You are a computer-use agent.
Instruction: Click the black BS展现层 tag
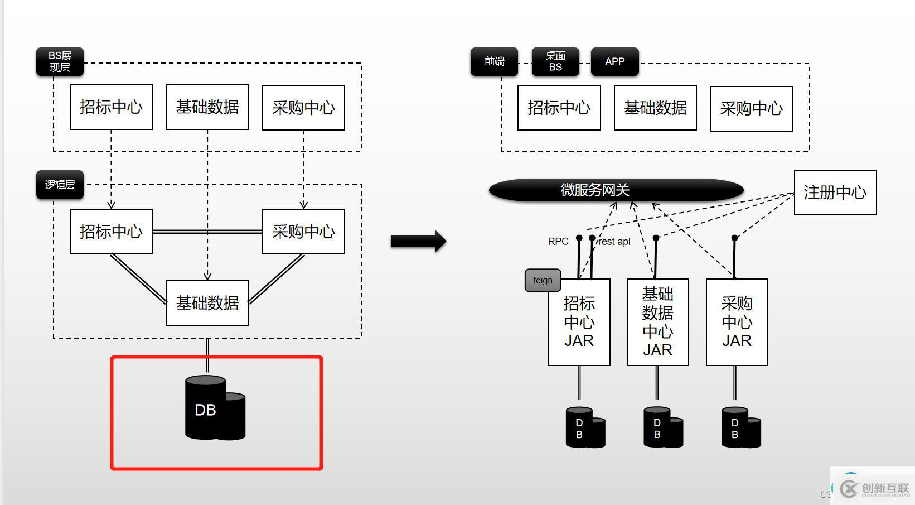coord(60,62)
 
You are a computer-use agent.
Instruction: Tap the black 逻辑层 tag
coord(60,185)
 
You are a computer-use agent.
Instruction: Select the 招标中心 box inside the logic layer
coord(111,232)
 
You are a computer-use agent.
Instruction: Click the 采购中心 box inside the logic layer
coord(303,232)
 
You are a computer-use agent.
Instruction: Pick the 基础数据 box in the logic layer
coord(207,303)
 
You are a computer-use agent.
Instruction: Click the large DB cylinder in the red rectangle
coord(214,409)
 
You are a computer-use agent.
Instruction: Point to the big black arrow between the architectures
coord(418,241)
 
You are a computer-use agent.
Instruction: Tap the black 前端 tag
coord(494,61)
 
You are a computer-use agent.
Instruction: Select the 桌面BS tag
coord(555,61)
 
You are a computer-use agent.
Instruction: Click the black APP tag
coord(614,61)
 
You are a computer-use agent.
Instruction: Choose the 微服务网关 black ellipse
coord(616,190)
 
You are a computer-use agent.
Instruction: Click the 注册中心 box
coord(835,193)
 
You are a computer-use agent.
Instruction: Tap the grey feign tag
coord(543,280)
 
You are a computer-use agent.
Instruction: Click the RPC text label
coord(558,241)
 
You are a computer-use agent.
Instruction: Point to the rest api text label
coord(614,241)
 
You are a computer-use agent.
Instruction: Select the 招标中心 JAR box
coord(579,322)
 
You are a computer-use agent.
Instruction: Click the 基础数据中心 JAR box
coord(657,322)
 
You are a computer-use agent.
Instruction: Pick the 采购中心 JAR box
coord(737,322)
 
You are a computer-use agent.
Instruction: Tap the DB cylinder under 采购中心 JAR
coord(740,427)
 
